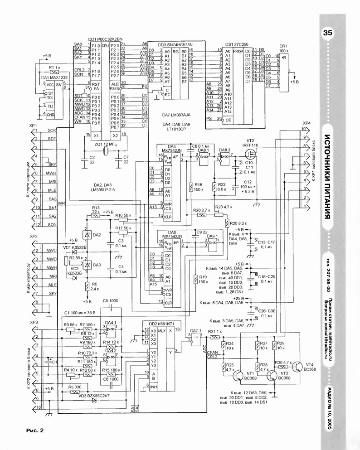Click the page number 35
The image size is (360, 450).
point(328,33)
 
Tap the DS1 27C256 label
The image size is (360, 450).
point(236,44)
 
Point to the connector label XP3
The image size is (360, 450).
point(33,322)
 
